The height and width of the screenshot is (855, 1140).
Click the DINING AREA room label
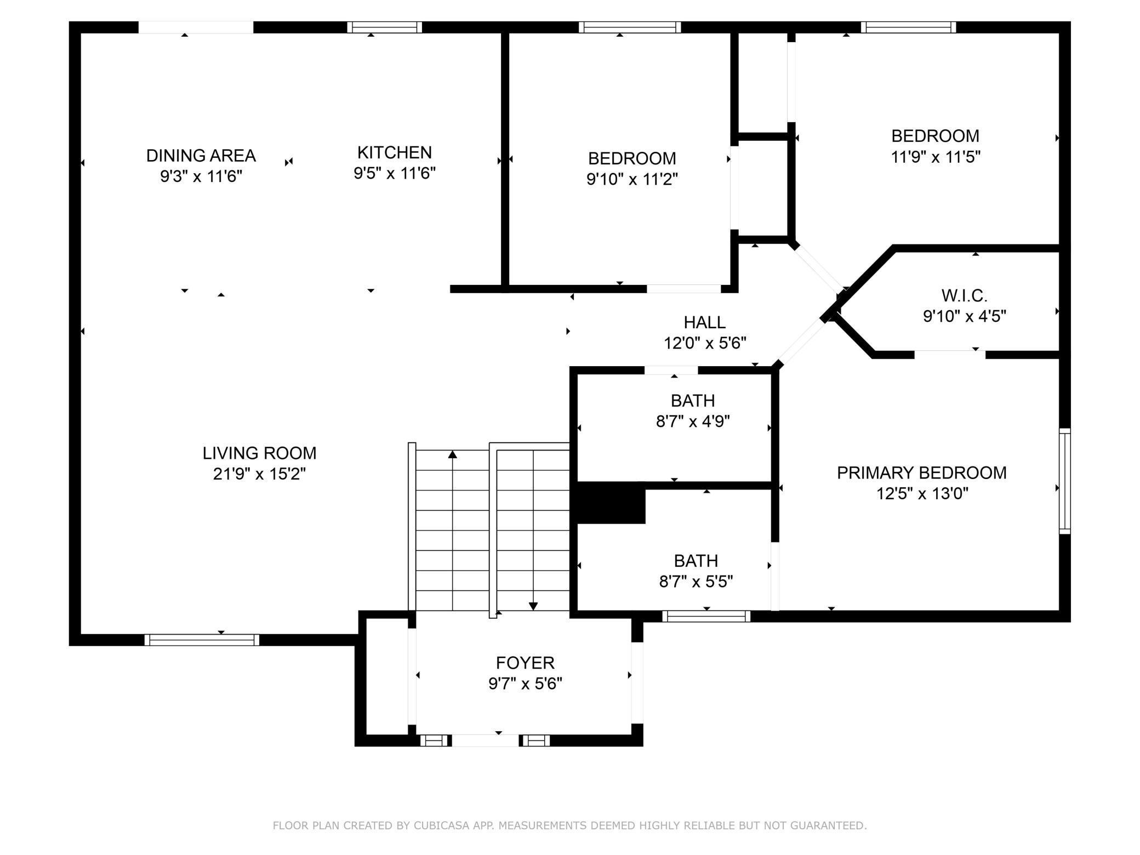[x=201, y=156]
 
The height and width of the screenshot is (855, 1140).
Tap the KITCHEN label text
[x=395, y=152]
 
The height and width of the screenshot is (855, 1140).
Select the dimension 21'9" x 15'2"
[x=259, y=474]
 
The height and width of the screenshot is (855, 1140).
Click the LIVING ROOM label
[x=259, y=453]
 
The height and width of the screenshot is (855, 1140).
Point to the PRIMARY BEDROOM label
[x=921, y=473]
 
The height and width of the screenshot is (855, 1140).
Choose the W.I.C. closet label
[x=964, y=296]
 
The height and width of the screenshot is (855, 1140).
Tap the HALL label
[x=704, y=322]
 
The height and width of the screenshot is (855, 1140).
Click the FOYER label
[x=525, y=663]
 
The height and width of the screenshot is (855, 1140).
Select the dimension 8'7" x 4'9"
[x=693, y=421]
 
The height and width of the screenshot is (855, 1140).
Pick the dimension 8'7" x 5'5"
[x=696, y=582]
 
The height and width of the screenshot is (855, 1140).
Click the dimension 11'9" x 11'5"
[x=935, y=157]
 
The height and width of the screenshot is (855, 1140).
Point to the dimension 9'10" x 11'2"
[x=632, y=179]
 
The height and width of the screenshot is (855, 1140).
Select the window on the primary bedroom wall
[x=1064, y=481]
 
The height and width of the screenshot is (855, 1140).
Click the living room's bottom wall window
[x=202, y=640]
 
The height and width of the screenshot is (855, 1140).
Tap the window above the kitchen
[x=385, y=27]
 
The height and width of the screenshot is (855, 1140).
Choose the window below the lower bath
[x=706, y=616]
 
